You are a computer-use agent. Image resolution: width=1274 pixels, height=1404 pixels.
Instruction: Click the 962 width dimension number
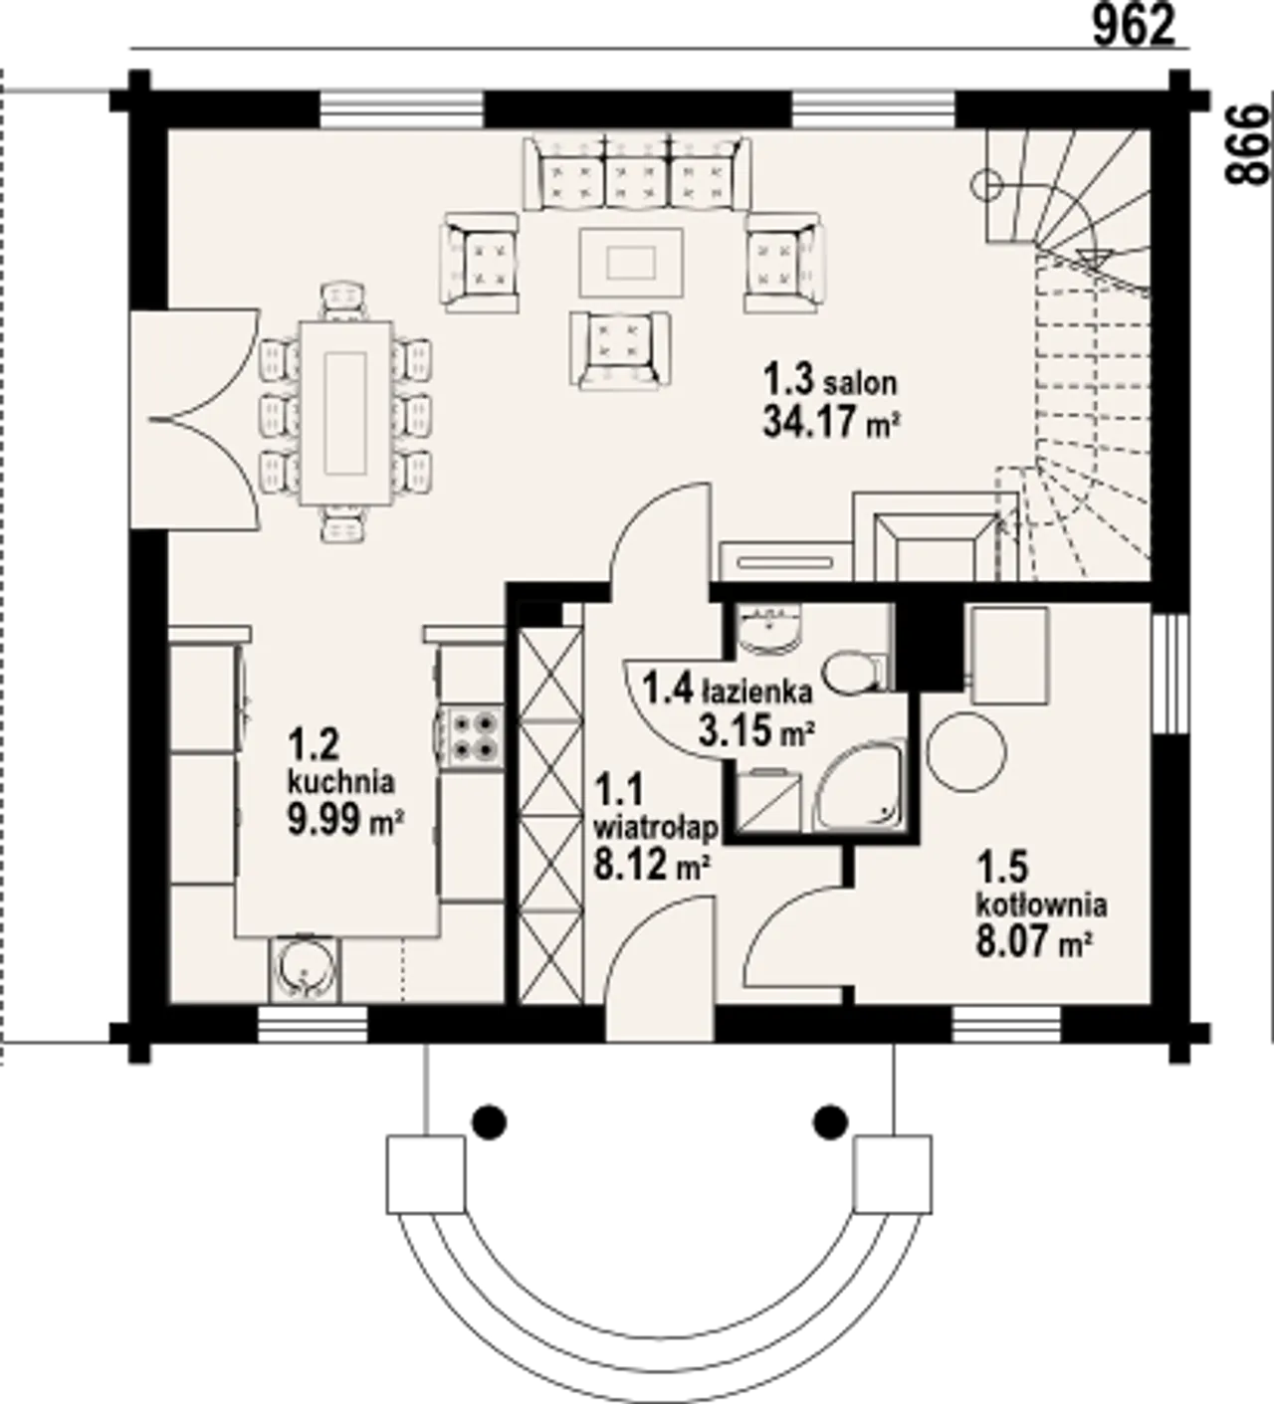(x=1134, y=27)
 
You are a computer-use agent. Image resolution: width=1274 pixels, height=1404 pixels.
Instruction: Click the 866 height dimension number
(x=1247, y=144)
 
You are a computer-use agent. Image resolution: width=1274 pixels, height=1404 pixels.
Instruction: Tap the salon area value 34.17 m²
(x=831, y=422)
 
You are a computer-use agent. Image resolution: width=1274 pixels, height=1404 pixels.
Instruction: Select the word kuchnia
(x=341, y=781)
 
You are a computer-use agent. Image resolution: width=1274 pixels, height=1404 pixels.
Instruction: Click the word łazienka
(x=756, y=693)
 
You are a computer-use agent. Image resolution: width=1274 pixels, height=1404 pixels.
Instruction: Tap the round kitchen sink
(x=305, y=968)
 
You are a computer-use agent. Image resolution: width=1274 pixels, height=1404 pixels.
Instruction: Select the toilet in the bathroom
(x=853, y=673)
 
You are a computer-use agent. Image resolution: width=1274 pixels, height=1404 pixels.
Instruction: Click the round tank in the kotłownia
(x=966, y=751)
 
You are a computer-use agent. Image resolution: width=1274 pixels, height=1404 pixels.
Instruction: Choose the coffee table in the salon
(x=631, y=263)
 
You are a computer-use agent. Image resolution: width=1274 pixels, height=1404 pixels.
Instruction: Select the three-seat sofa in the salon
(x=637, y=173)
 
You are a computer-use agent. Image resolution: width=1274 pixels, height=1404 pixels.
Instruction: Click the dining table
(x=346, y=412)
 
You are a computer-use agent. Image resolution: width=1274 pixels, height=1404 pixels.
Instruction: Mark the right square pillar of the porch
(x=892, y=1175)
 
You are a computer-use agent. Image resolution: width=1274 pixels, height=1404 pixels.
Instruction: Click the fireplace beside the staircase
(x=936, y=536)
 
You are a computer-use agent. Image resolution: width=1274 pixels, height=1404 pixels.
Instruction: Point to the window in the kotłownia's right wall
(x=1169, y=674)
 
